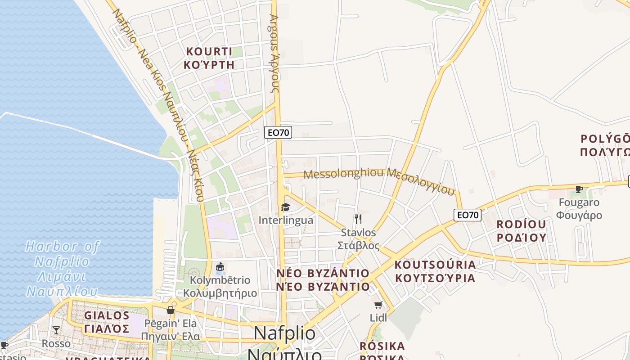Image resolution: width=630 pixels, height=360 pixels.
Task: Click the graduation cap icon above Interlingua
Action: tap(285, 207)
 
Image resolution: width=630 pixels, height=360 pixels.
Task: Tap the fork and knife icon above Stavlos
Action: tap(358, 219)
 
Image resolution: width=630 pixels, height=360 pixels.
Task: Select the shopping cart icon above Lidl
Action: tap(378, 305)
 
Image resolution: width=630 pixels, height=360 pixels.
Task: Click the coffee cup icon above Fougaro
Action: tap(579, 189)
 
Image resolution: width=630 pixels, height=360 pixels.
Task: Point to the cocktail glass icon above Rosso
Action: tap(56, 330)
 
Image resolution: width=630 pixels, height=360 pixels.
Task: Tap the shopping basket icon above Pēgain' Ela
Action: tap(171, 310)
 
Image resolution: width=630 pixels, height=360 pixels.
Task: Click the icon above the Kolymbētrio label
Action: tap(220, 267)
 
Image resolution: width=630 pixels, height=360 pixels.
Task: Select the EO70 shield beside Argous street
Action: tap(278, 132)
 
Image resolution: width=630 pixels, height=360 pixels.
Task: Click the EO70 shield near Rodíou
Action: tap(468, 215)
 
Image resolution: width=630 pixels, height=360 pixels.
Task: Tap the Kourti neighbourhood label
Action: tap(209, 58)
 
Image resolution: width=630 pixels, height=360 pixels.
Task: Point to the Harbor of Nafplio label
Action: tap(62, 269)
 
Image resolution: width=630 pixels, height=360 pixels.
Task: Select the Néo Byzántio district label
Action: tap(323, 280)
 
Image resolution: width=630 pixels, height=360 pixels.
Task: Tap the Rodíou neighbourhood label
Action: tap(521, 231)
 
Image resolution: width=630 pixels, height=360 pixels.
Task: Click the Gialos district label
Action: tap(107, 322)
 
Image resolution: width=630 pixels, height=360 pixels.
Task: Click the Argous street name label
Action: tap(274, 54)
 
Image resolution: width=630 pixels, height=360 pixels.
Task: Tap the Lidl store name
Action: tap(378, 318)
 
